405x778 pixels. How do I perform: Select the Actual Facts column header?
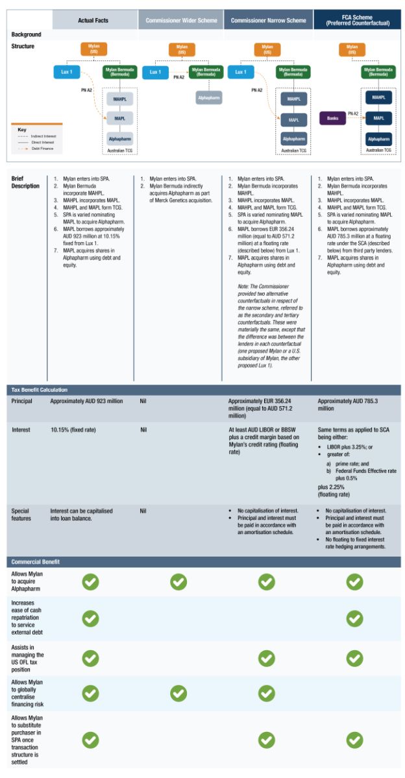click(93, 20)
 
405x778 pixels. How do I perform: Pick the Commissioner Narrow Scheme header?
click(267, 20)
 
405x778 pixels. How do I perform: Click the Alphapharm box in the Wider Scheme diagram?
click(209, 97)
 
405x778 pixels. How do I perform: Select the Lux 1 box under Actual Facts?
click(67, 72)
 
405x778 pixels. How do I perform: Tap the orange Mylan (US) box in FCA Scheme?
click(352, 49)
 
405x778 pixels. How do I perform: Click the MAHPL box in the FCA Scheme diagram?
click(378, 99)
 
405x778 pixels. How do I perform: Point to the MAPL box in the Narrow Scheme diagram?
click(293, 120)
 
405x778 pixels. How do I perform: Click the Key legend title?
click(22, 130)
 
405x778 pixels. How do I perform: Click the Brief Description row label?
click(25, 181)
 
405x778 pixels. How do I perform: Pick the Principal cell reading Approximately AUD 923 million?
click(86, 401)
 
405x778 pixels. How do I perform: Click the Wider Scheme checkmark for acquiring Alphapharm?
click(178, 582)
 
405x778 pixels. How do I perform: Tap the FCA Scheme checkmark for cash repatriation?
click(354, 618)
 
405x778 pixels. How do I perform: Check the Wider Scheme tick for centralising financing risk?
click(178, 693)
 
